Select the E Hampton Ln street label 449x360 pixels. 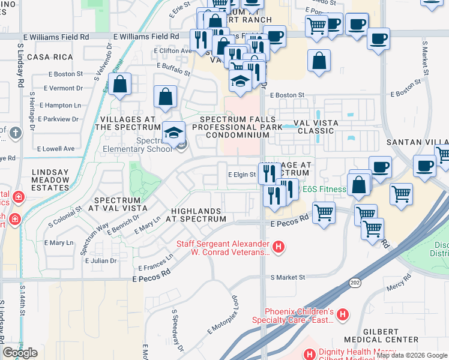61,105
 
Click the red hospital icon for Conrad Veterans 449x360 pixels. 278,246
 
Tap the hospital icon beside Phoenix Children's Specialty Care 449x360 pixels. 342,313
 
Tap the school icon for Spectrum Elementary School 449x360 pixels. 173,133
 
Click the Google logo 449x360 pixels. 20,353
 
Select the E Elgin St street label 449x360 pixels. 242,175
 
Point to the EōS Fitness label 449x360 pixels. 324,190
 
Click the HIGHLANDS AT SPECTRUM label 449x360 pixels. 197,215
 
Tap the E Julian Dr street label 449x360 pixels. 101,261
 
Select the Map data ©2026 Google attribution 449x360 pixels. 411,355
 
